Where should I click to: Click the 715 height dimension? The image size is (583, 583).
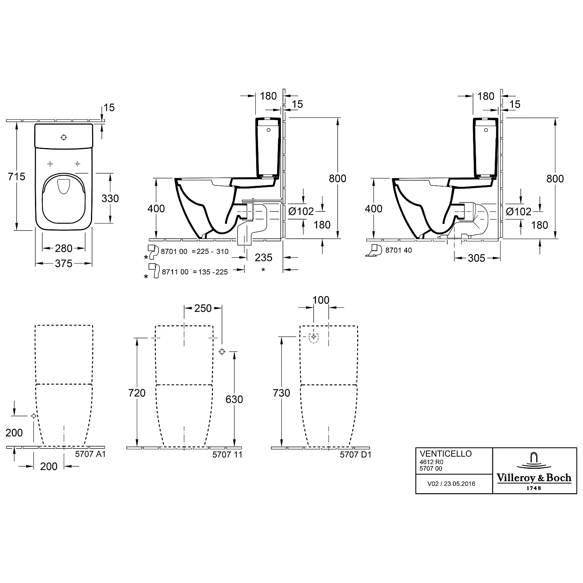point(17,176)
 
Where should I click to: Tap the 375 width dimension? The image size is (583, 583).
point(64,264)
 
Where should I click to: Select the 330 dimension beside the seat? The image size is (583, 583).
point(110,198)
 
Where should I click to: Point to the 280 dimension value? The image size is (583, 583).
point(64,248)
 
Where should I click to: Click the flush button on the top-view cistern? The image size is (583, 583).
point(64,137)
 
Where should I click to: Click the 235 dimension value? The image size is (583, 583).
point(264,257)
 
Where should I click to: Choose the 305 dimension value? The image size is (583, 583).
point(477,258)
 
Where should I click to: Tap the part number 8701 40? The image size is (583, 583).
point(398,251)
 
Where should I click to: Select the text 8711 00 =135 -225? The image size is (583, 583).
point(194,272)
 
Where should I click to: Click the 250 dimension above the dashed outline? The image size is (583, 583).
point(203,308)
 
